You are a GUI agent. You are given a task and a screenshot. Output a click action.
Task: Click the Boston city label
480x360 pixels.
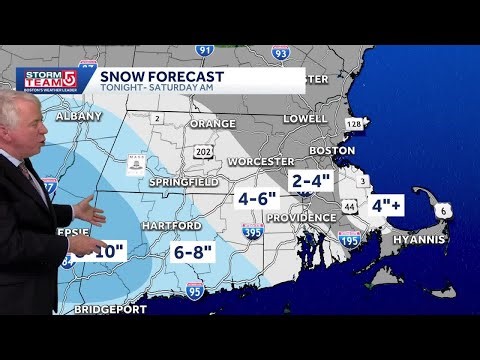coord(333,150)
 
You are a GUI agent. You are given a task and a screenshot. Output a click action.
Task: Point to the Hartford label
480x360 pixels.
coord(170,227)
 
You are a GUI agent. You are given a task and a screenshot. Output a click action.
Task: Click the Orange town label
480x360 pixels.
coord(212,124)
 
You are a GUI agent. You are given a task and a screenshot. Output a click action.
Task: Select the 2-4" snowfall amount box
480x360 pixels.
coord(309,181)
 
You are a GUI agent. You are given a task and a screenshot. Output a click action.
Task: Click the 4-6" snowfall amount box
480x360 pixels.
coord(256,199)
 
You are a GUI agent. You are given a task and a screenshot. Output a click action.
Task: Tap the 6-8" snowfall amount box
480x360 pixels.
coord(194,252)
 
